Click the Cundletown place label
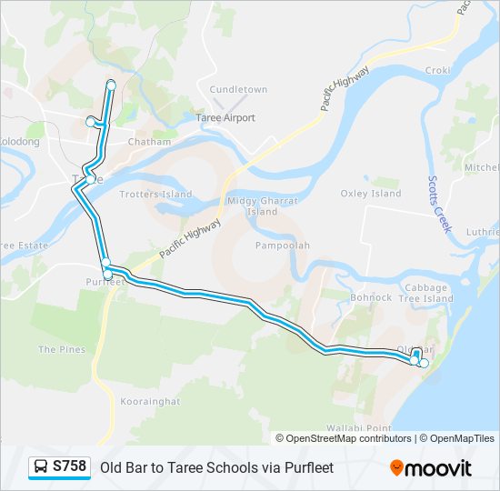click(238, 90)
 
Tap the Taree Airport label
click(225, 118)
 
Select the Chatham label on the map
click(149, 142)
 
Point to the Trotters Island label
click(155, 195)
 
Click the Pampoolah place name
click(283, 245)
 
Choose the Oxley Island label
click(371, 194)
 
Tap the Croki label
click(437, 70)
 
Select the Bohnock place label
click(371, 297)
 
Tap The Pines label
click(62, 349)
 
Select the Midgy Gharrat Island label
click(262, 206)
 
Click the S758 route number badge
click(69, 466)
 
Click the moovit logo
click(431, 468)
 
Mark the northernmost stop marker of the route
click(111, 85)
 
